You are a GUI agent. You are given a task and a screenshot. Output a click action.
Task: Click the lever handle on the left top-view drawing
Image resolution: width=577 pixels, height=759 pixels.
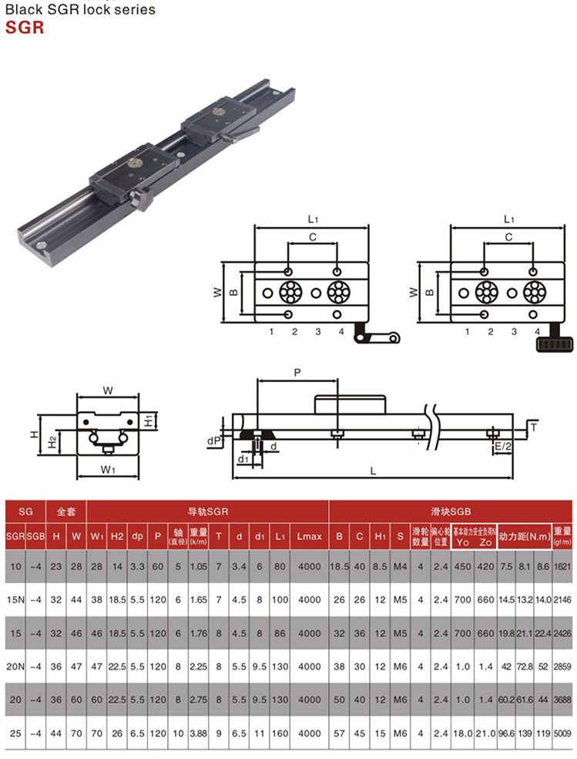click(x=377, y=338)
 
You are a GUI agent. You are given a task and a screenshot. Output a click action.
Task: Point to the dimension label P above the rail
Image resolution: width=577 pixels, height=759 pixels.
click(x=297, y=372)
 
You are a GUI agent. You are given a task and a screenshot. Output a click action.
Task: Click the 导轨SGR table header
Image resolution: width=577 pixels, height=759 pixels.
click(x=207, y=511)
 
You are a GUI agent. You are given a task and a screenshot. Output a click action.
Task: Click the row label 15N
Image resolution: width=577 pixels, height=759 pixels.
click(x=15, y=599)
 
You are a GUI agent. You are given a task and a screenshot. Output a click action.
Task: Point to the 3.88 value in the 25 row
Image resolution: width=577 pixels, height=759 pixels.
click(x=198, y=733)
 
